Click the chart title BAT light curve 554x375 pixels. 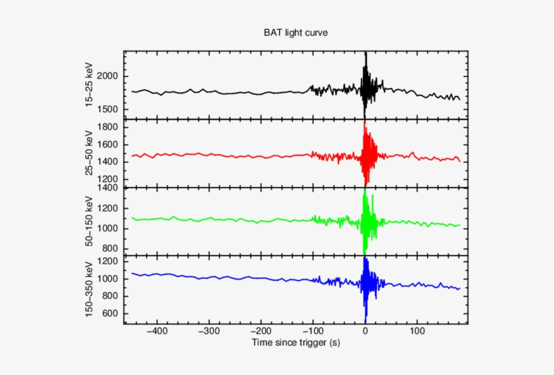click(x=295, y=32)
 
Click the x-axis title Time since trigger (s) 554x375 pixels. click(x=295, y=343)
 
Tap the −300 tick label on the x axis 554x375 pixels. click(x=208, y=332)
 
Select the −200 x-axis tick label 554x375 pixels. click(x=260, y=332)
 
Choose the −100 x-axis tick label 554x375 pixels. click(x=312, y=332)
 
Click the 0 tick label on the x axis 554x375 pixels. click(x=366, y=332)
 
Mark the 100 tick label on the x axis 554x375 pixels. click(x=418, y=332)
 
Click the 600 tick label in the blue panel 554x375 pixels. click(x=114, y=314)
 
